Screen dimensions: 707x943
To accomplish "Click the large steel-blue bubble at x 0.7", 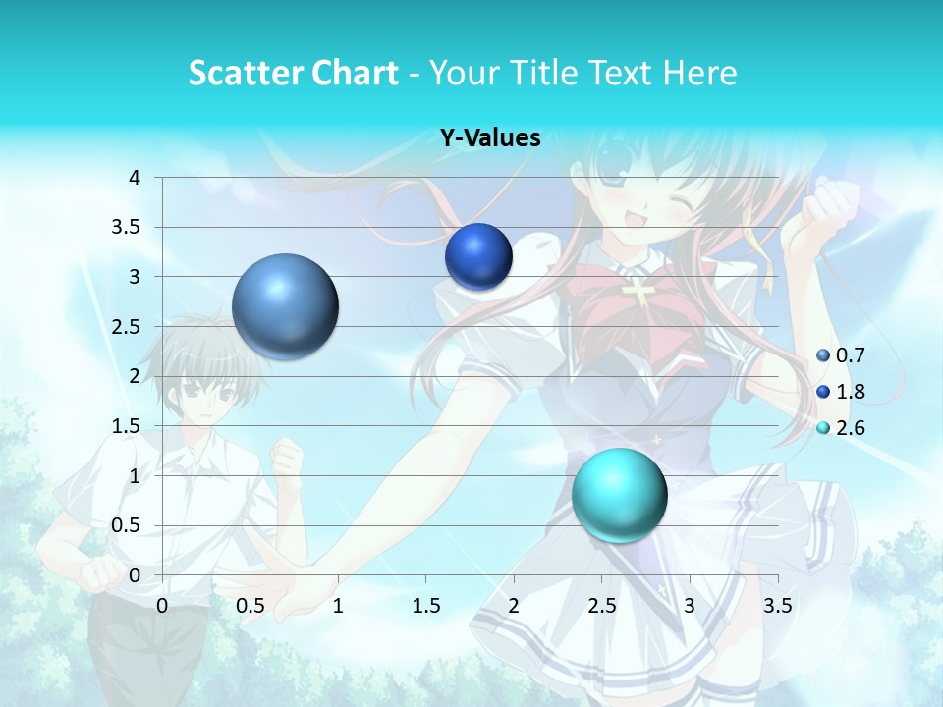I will click(286, 306).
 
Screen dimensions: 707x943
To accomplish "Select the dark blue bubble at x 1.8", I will click(478, 256).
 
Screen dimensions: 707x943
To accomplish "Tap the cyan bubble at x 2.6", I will click(619, 495).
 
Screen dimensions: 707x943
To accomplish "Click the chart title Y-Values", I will click(490, 138).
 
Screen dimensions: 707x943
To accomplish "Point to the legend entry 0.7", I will click(850, 355).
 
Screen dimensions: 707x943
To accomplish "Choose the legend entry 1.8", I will click(850, 392).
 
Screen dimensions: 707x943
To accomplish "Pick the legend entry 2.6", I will click(850, 428).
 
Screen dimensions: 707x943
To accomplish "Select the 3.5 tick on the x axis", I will click(778, 606).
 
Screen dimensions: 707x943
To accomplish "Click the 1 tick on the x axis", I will click(338, 606).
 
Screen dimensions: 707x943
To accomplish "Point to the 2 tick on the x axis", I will click(514, 606).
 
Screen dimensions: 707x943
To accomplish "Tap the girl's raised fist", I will click(823, 211).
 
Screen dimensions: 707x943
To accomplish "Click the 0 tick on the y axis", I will click(135, 575).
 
